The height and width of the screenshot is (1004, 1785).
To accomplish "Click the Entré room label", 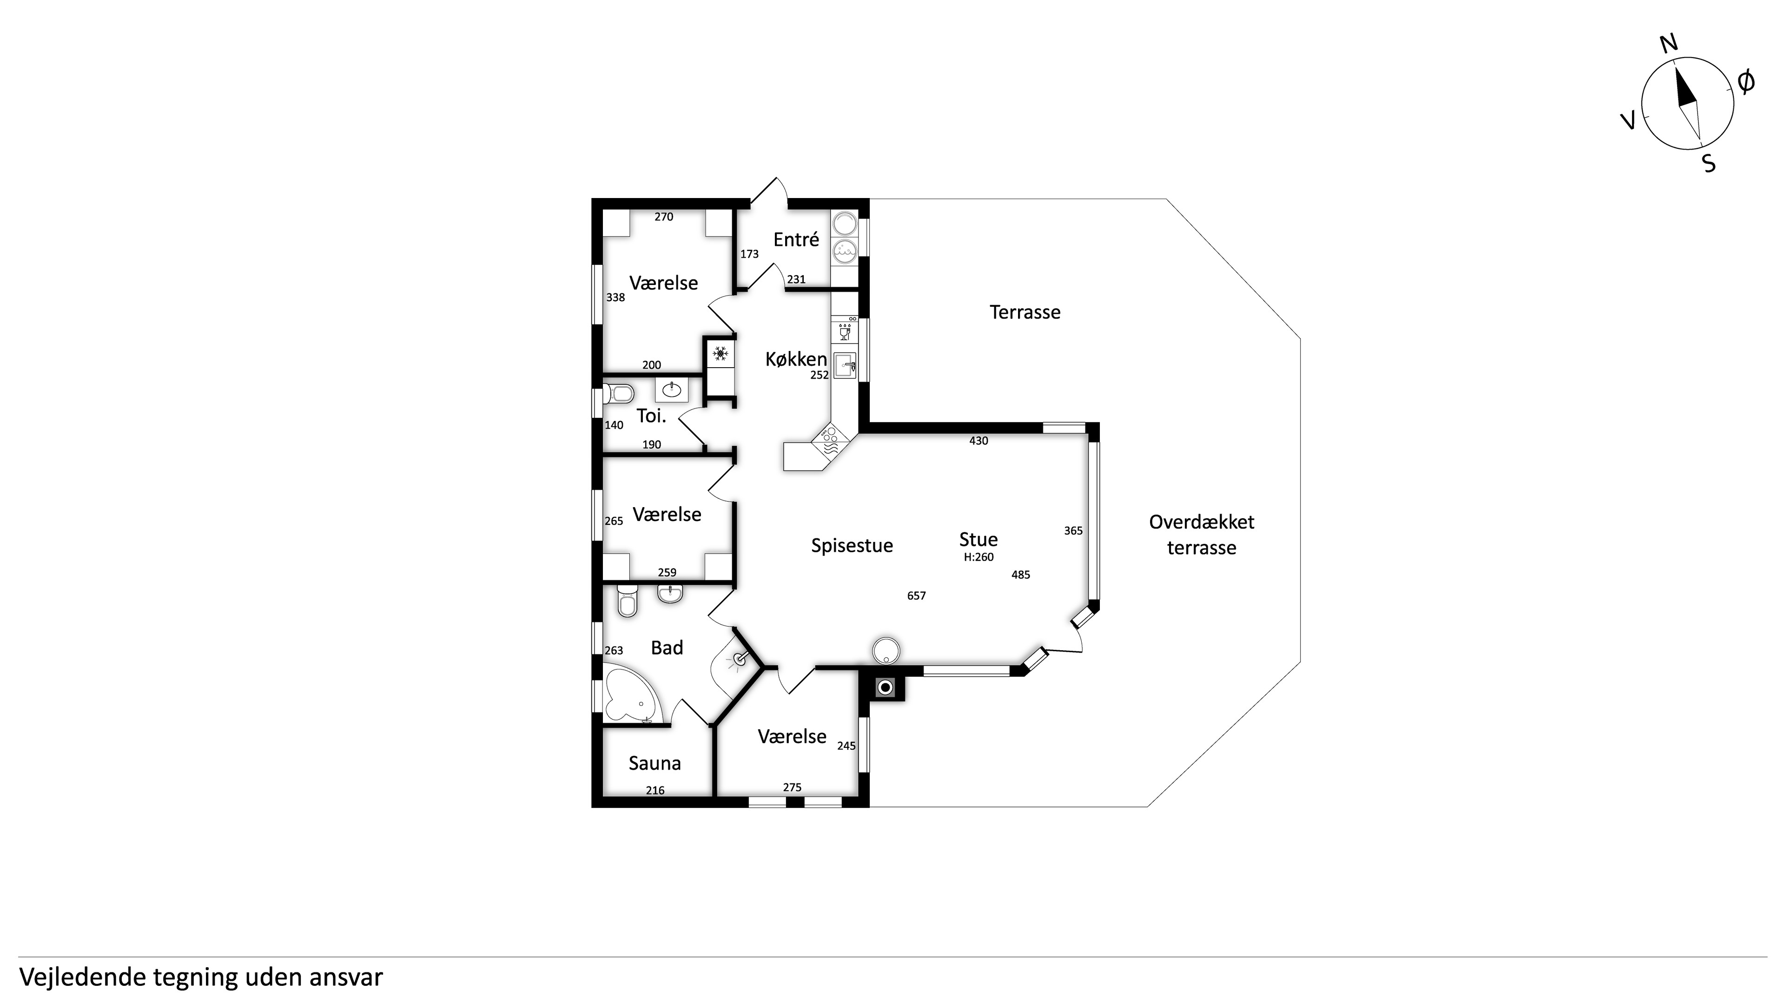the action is [x=796, y=240].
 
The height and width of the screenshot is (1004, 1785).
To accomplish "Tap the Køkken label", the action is [x=796, y=359].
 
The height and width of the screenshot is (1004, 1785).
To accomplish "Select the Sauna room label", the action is [x=655, y=764].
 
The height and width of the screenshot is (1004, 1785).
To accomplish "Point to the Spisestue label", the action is [x=852, y=546].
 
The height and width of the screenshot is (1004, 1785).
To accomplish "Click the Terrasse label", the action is [x=1025, y=312].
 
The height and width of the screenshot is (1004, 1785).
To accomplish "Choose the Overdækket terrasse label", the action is [x=1202, y=535].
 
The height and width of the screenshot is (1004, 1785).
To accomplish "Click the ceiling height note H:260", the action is [x=978, y=557].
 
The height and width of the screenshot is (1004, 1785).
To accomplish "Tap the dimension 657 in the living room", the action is [x=916, y=596].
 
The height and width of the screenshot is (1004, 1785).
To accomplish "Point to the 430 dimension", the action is [x=978, y=441].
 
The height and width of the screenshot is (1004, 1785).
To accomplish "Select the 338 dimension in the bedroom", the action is [x=615, y=298].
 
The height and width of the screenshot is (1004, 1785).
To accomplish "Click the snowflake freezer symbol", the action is [x=721, y=355].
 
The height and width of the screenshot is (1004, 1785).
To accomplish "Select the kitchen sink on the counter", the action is [x=845, y=365].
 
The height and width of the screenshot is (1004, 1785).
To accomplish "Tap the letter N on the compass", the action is [x=1669, y=44].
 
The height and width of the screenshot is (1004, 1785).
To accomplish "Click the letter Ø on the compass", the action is [x=1746, y=82].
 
